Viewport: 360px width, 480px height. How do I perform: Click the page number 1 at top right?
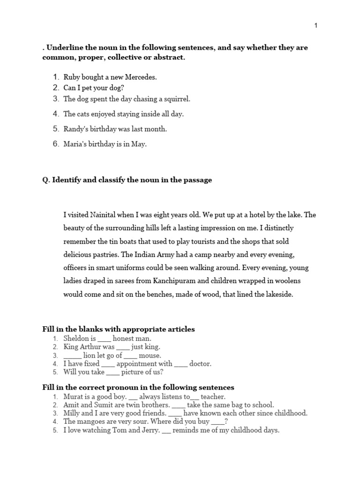[316, 25]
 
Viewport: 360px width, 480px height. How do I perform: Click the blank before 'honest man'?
[104, 339]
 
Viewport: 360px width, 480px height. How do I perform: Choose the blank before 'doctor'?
[181, 364]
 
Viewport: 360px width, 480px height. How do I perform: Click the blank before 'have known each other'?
[175, 414]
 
